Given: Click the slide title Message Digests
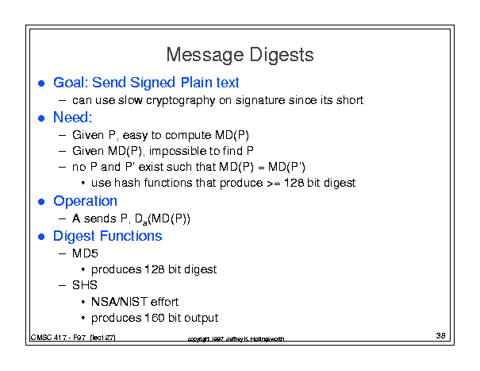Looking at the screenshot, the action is (240, 55).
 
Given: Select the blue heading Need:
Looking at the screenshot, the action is (72, 117).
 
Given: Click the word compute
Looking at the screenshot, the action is (188, 136).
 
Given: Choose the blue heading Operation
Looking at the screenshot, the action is (85, 201).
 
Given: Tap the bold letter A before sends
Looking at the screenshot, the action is (76, 218).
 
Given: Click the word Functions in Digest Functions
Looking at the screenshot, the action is (131, 236).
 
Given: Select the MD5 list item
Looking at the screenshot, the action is (85, 253).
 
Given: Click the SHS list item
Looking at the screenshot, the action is (85, 285).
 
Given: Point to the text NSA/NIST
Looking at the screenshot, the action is (120, 302).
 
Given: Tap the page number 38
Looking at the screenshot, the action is (440, 336).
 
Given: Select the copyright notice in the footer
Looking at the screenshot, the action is (236, 338).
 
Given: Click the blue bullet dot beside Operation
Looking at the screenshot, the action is (41, 202).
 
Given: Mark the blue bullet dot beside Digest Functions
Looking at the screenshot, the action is (41, 237).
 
